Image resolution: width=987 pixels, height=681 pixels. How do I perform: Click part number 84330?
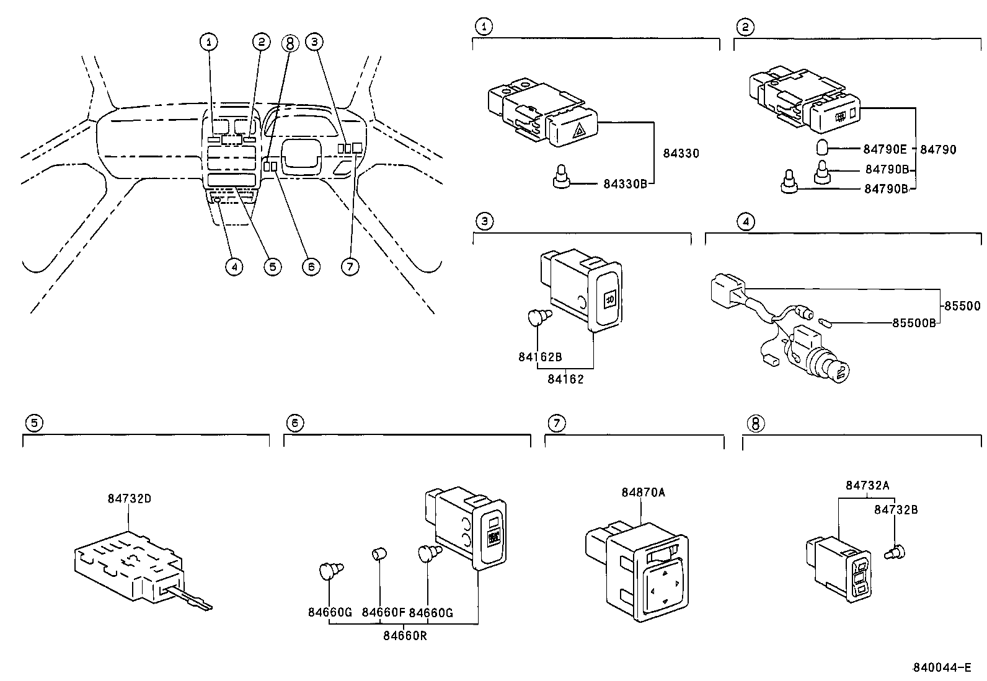tap(681, 153)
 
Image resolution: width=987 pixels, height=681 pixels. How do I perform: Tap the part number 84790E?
tap(885, 149)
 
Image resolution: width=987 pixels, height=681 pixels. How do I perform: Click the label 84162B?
tap(540, 357)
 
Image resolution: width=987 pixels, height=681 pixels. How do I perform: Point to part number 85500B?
tap(914, 323)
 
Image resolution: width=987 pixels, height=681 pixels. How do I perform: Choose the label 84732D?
tap(129, 498)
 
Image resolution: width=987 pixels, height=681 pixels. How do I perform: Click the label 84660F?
tap(383, 613)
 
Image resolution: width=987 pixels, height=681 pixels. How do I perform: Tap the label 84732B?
tap(896, 509)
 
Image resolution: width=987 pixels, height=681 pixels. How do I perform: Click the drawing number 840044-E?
tap(941, 667)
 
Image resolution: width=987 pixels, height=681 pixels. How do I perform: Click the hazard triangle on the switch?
tap(581, 131)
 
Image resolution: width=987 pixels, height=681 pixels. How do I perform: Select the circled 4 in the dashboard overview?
tap(233, 267)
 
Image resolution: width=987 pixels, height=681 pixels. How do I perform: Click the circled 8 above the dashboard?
tap(290, 42)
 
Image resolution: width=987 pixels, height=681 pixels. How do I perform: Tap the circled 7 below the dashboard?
tap(350, 267)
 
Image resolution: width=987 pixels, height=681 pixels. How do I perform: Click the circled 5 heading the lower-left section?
tap(34, 423)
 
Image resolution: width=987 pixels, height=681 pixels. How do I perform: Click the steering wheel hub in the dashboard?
tap(301, 156)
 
